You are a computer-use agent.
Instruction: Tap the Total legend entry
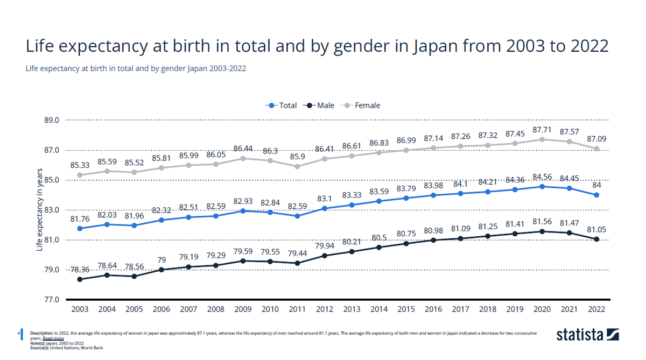click(283, 105)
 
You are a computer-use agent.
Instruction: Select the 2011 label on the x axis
click(297, 309)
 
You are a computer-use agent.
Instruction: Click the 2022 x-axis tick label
click(596, 309)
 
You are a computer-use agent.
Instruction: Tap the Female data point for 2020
click(542, 139)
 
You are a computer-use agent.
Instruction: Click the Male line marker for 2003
click(80, 279)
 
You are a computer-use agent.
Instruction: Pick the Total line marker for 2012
click(325, 208)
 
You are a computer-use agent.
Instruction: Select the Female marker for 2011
click(297, 166)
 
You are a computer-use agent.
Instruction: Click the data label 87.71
click(542, 130)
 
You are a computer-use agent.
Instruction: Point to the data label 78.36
click(80, 270)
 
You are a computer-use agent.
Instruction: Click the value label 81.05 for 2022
click(596, 229)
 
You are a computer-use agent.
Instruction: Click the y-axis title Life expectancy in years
click(39, 210)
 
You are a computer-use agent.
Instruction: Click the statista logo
click(588, 334)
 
